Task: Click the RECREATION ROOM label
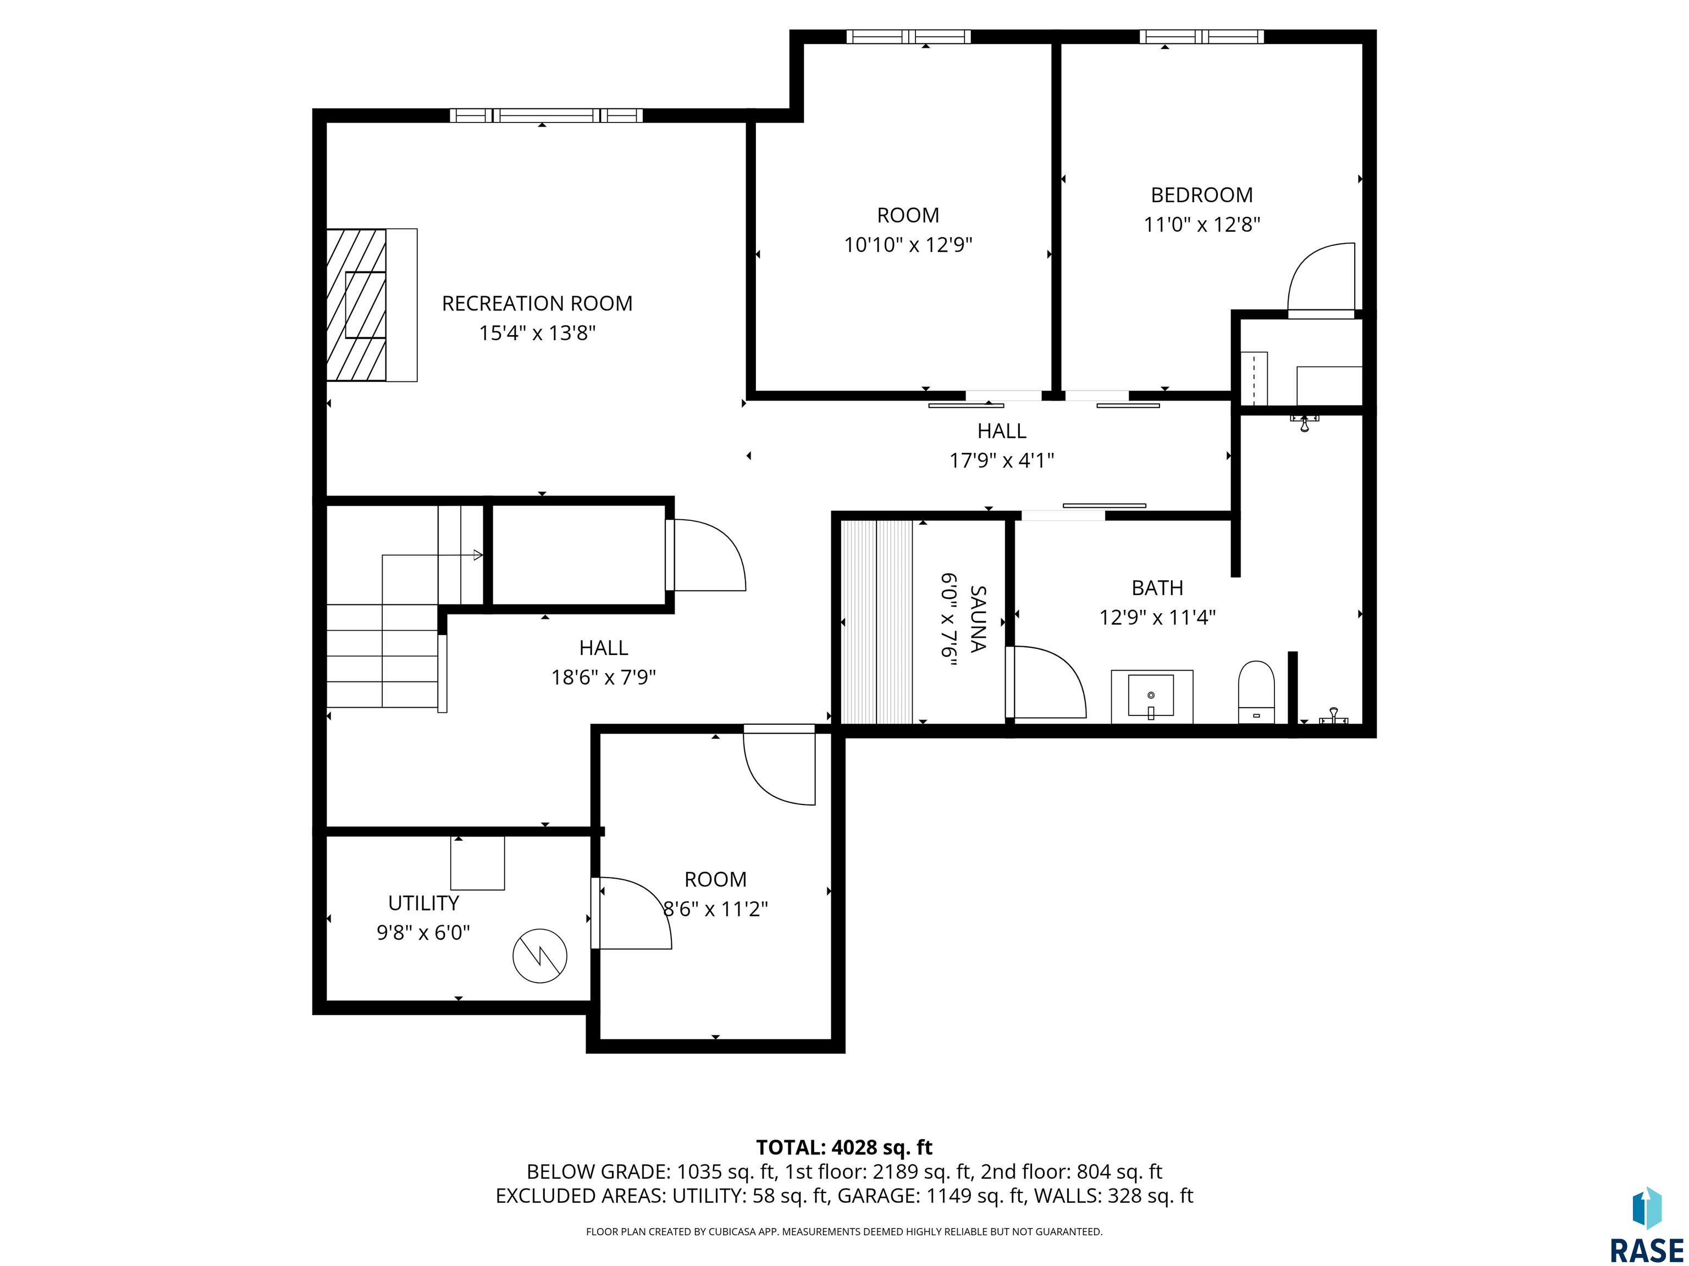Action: [537, 304]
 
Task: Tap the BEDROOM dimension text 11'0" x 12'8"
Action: [1201, 224]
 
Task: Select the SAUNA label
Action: [978, 619]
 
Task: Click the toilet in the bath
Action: [1256, 691]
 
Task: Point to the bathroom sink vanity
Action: [1151, 696]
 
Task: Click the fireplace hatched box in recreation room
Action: [357, 304]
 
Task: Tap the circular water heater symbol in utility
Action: [540, 956]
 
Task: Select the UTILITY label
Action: [424, 903]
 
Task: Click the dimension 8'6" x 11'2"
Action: [715, 909]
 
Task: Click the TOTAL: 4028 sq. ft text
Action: [844, 1147]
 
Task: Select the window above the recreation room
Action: [546, 115]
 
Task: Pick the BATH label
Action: [1157, 587]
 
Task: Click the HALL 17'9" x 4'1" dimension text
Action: [1002, 460]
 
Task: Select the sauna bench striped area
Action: [876, 622]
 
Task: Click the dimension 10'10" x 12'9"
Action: [908, 245]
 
